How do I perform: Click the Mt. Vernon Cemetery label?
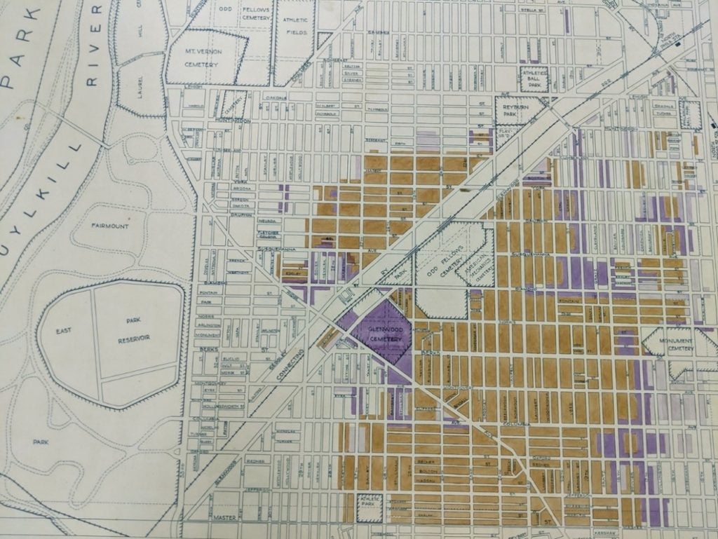(202, 58)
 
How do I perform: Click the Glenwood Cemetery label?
(381, 334)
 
